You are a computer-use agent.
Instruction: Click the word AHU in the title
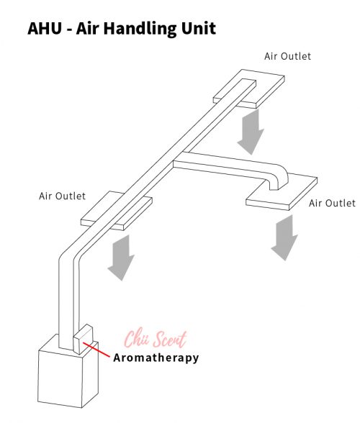tap(45, 28)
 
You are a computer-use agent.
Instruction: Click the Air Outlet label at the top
tap(287, 56)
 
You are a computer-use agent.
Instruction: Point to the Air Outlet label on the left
tap(62, 196)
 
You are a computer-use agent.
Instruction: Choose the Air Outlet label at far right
tap(332, 203)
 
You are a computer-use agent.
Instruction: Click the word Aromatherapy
tap(156, 358)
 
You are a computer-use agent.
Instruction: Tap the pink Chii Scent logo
tap(156, 338)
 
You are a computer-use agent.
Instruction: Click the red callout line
tap(96, 350)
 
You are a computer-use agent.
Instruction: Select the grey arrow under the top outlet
tap(251, 132)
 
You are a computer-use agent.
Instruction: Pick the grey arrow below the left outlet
tap(121, 258)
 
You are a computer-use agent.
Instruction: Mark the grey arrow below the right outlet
tap(284, 237)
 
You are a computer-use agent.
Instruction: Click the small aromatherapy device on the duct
tap(84, 339)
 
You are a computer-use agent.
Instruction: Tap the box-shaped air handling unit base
tap(68, 375)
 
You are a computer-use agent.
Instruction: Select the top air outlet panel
tap(249, 88)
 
